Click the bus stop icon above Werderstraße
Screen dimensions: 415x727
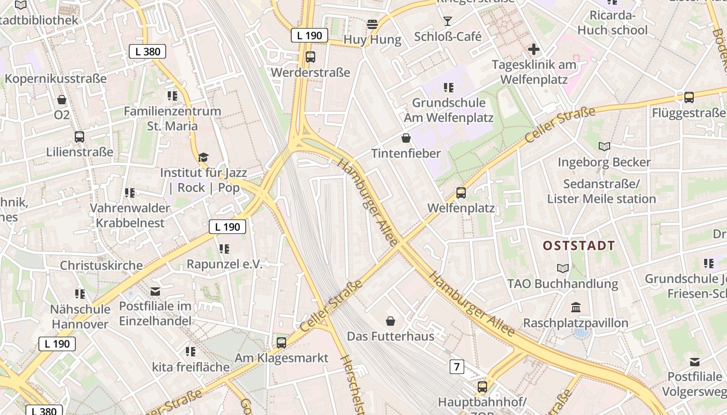pos(311,57)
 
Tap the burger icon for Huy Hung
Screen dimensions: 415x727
pos(372,24)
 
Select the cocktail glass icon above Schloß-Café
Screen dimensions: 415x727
pos(448,21)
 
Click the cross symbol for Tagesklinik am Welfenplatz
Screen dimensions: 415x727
pos(533,50)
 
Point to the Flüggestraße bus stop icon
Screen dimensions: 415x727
pos(689,98)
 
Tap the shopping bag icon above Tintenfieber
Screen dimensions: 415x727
pos(406,138)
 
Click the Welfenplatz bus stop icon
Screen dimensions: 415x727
pos(461,193)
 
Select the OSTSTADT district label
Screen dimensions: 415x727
pos(579,245)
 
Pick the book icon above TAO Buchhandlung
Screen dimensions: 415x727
pos(562,268)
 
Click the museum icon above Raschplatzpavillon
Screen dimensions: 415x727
pos(575,308)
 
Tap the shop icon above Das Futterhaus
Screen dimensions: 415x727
pos(391,321)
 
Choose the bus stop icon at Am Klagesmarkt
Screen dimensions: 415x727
pos(281,342)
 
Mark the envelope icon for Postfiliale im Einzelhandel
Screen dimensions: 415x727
pos(155,291)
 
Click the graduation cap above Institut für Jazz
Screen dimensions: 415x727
pos(203,157)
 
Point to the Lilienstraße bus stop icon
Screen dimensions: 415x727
pos(79,137)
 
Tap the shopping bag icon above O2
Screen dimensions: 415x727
pos(62,99)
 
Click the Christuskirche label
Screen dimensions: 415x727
pos(101,266)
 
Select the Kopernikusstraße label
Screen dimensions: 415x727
pos(56,79)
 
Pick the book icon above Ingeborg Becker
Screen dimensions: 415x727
pos(604,147)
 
